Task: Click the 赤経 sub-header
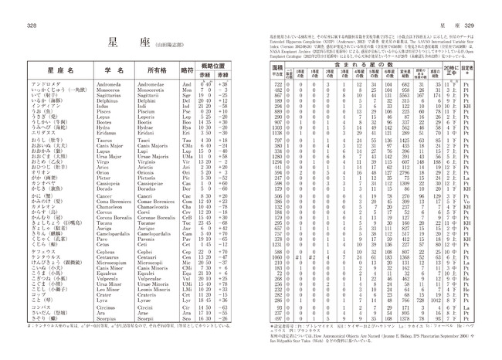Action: (205, 76)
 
